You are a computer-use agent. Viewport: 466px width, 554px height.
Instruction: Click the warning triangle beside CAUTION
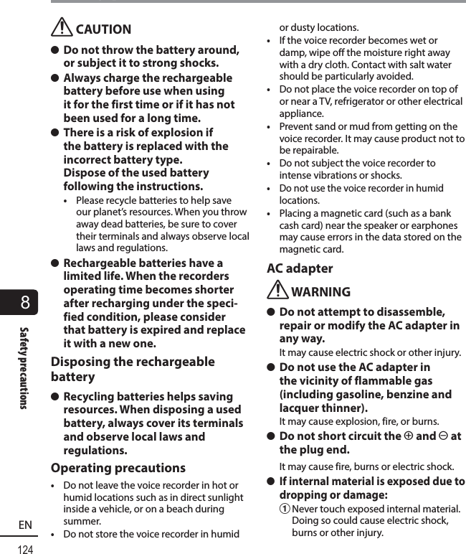[x=63, y=27]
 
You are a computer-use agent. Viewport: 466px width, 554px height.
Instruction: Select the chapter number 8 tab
[x=26, y=302]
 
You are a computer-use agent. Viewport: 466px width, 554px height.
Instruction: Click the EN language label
[x=26, y=525]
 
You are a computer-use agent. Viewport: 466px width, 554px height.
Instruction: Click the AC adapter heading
[x=300, y=268]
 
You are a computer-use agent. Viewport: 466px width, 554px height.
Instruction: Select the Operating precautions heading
[x=118, y=468]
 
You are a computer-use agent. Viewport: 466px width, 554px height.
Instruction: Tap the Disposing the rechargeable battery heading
[x=133, y=369]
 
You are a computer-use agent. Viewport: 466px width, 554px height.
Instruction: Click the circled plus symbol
[x=409, y=436]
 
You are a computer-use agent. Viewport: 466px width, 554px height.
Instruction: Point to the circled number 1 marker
[x=284, y=509]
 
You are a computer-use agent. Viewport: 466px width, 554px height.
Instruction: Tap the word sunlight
[x=224, y=497]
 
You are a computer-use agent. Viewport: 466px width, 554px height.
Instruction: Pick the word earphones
[x=437, y=225]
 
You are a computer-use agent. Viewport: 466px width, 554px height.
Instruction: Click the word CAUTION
[x=103, y=29]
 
